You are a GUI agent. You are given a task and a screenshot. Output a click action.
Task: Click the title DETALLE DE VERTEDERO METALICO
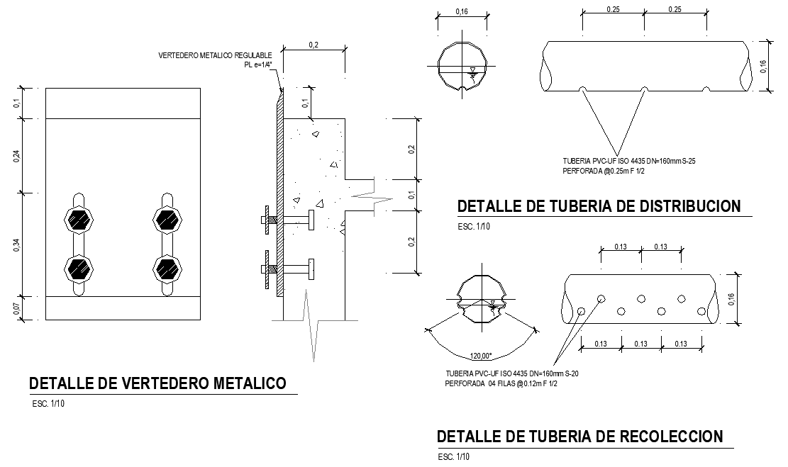(157, 383)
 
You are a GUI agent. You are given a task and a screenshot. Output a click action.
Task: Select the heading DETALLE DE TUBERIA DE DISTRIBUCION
(599, 206)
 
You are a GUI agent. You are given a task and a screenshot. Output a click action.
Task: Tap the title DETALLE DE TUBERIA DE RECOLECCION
(580, 437)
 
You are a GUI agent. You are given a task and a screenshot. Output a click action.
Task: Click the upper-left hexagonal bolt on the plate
(79, 220)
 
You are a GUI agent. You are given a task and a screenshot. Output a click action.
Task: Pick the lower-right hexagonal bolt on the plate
(167, 269)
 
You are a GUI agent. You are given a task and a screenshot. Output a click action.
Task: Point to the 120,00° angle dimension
(481, 356)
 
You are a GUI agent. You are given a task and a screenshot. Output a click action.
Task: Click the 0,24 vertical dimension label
(16, 156)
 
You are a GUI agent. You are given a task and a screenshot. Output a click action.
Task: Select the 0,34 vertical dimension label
(16, 245)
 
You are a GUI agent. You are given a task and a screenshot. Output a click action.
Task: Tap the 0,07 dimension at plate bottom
(16, 308)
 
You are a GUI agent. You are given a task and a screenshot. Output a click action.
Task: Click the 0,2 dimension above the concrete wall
(313, 45)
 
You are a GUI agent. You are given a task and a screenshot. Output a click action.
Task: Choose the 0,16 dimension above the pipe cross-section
(462, 11)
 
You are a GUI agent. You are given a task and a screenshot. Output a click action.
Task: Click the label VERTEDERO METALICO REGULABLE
(215, 55)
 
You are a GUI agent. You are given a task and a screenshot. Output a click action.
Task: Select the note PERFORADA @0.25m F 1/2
(604, 171)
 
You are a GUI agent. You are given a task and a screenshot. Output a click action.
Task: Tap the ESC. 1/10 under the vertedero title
(48, 404)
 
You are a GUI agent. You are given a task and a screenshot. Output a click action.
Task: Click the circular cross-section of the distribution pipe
(462, 67)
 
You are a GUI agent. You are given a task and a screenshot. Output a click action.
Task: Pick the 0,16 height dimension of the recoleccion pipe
(731, 299)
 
